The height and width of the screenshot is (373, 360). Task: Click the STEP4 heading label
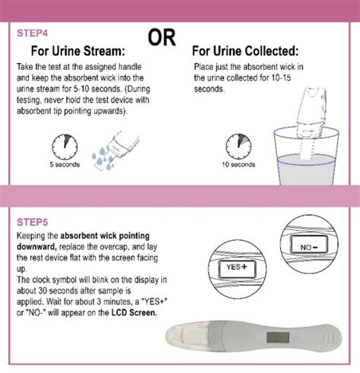tap(32, 33)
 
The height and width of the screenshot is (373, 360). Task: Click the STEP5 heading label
tap(32, 223)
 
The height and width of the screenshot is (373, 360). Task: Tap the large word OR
tap(162, 37)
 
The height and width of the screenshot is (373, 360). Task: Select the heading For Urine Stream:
tap(78, 51)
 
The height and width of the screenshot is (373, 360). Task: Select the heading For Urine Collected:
tap(245, 51)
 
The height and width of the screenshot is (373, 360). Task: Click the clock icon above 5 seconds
tap(65, 147)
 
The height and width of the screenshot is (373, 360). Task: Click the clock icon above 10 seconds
tap(238, 147)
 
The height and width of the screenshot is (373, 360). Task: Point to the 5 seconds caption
tap(65, 165)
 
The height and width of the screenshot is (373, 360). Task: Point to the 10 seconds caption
tap(238, 165)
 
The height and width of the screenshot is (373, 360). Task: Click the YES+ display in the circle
tap(237, 269)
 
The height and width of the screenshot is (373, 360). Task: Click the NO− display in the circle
tap(309, 244)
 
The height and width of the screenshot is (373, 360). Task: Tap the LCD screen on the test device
tap(278, 337)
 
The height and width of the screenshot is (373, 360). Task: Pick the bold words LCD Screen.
tap(134, 313)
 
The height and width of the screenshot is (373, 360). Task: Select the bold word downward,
tap(36, 247)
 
